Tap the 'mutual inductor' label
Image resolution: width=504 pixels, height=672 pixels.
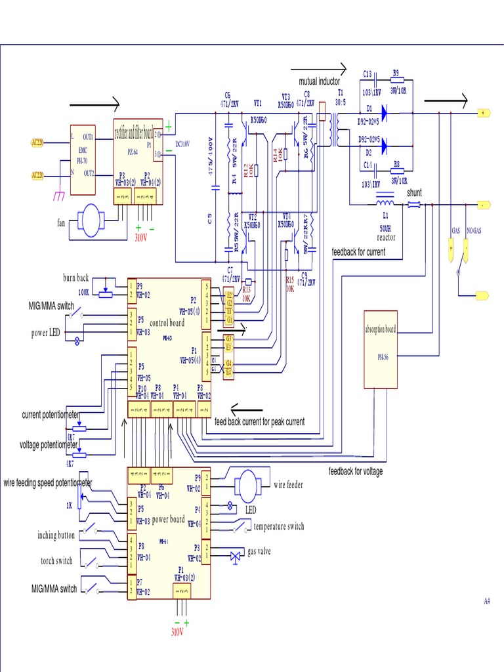[319, 82]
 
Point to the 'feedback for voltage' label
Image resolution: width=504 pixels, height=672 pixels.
[356, 471]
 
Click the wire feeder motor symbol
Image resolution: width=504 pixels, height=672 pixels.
[249, 486]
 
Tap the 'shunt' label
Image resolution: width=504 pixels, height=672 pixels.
[415, 193]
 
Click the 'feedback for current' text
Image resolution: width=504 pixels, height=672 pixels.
[358, 252]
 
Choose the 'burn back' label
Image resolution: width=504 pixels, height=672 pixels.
[75, 278]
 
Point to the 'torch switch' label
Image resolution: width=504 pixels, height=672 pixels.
[56, 560]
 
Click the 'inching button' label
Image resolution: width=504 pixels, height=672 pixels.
[56, 535]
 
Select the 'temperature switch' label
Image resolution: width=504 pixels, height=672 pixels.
[279, 526]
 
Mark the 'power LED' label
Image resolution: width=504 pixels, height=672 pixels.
[46, 333]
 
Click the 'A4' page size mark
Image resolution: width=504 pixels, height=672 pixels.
[487, 601]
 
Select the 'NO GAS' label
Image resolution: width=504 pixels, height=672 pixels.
[473, 232]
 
